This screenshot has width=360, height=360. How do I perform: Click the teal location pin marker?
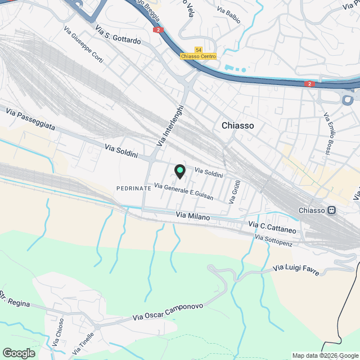179,171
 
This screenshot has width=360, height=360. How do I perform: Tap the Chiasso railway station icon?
332,210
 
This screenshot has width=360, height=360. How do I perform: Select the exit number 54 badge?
199,50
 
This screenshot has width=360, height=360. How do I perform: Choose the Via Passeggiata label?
30,120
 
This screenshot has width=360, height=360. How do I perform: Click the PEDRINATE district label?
133,188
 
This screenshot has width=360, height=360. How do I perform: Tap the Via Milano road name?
192,217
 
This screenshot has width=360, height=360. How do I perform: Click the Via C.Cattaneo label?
272,227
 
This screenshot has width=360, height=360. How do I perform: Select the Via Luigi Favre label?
296,271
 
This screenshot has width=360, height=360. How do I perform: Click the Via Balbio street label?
229,15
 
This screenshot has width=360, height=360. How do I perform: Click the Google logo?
18,353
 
